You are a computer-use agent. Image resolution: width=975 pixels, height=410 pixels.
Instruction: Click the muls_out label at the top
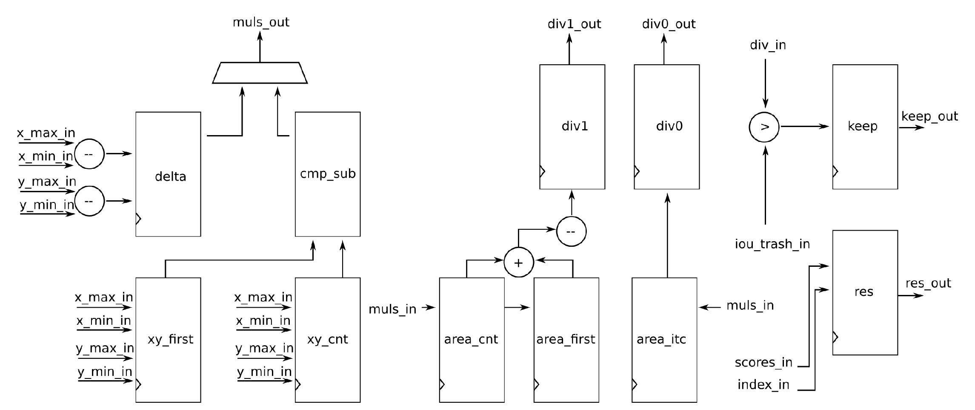point(261,22)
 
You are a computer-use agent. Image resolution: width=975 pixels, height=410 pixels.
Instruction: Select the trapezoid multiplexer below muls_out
point(260,73)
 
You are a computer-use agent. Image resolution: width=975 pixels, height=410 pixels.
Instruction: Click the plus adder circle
point(518,263)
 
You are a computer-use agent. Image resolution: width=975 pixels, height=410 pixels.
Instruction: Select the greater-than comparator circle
point(764,127)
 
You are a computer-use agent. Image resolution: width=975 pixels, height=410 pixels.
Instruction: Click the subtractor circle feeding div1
point(571,231)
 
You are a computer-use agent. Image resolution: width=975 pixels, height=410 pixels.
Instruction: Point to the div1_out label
point(574,24)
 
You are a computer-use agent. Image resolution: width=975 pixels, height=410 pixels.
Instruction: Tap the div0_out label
point(669,24)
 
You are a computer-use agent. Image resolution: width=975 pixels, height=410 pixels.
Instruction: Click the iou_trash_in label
point(772,244)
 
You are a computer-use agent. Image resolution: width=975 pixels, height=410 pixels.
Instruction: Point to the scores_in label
point(763,363)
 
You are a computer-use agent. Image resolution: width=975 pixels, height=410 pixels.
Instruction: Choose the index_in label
point(763,385)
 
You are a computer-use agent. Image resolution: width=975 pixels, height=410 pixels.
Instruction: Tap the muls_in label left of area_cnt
point(392,309)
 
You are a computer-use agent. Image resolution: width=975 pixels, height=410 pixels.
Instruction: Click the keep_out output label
point(929,116)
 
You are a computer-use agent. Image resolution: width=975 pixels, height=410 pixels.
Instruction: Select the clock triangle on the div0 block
point(637,171)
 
